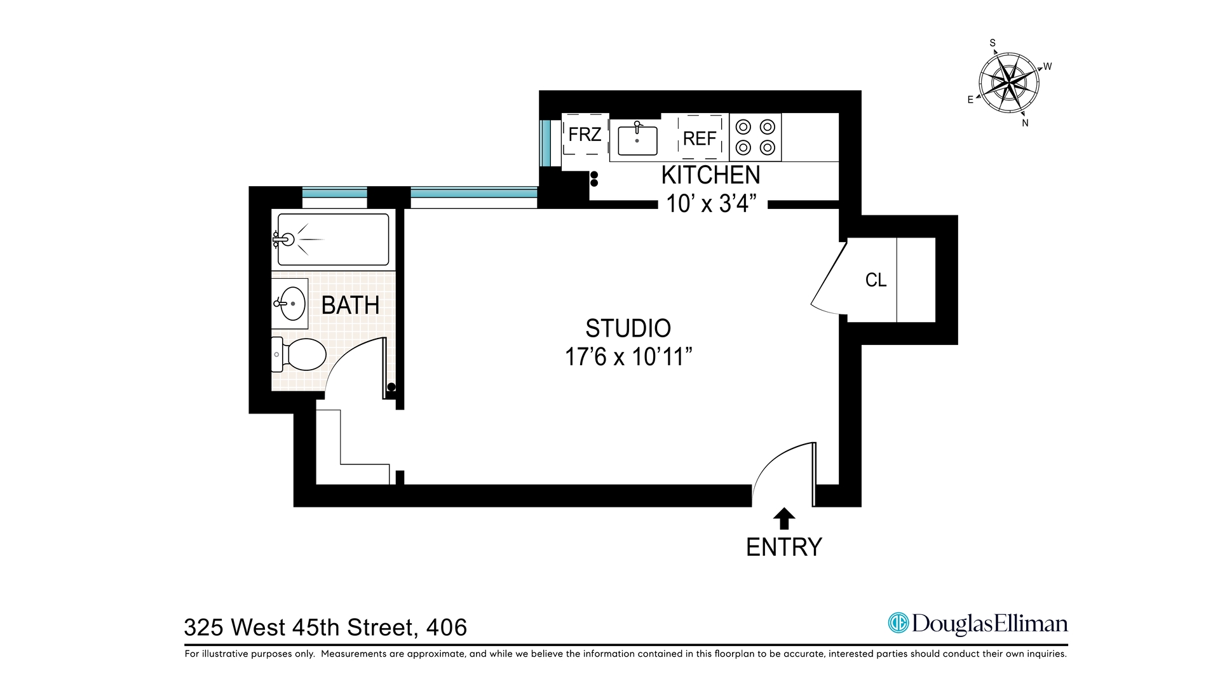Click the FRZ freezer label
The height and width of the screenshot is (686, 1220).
[585, 135]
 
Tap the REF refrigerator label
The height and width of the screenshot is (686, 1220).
[700, 138]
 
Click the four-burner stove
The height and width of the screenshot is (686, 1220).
[755, 137]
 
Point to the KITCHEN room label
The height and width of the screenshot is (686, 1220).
[710, 175]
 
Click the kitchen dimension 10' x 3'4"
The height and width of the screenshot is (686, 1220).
[712, 204]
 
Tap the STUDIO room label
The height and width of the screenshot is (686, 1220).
[628, 328]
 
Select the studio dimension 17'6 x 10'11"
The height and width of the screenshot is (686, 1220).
[628, 357]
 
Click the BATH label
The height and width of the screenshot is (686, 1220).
[350, 306]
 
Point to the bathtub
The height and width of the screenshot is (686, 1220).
[333, 239]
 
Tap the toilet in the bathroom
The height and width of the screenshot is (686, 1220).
[301, 354]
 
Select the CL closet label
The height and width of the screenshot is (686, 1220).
[876, 280]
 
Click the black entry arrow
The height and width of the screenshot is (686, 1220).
[784, 518]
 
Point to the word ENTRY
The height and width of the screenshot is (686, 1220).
[784, 547]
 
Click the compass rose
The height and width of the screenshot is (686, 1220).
[1009, 83]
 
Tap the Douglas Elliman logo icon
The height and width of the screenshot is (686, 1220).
[898, 623]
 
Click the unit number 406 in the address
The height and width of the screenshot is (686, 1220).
[447, 628]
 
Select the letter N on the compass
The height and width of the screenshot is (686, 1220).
[1025, 123]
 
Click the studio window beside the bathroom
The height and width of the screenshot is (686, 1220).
[474, 197]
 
